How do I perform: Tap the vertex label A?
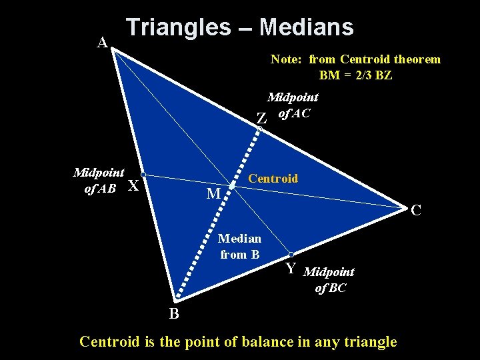coord(102,43)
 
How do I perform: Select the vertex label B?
coord(173,314)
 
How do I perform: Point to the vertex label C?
coord(416,211)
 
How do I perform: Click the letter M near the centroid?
coord(213,194)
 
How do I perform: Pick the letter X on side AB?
coord(133,186)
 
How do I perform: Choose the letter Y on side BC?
coord(291,269)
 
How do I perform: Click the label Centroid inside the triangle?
coord(273,179)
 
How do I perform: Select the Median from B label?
coord(240,246)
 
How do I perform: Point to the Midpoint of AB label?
coord(98,180)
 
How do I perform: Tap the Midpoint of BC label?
coord(329,279)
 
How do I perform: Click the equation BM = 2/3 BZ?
coord(355,75)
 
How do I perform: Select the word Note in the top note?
coord(285,59)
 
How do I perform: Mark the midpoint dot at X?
coord(143,175)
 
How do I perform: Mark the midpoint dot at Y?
coord(291,255)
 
